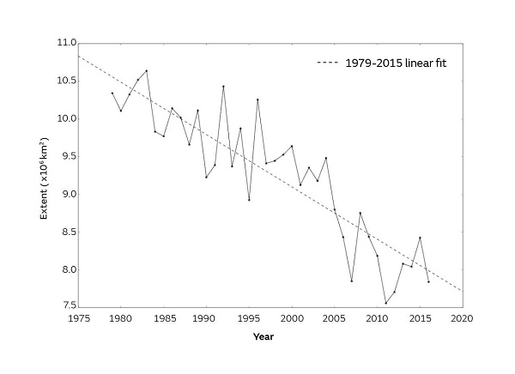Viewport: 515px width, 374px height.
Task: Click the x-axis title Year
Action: point(264,335)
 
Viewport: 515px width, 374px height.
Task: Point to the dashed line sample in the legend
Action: point(329,63)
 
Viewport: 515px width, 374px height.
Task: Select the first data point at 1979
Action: point(112,93)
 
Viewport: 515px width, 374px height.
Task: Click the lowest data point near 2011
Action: point(385,303)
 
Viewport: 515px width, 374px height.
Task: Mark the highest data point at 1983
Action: point(147,70)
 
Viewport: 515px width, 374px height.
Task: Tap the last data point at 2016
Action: point(428,281)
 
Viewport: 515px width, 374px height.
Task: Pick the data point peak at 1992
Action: point(223,86)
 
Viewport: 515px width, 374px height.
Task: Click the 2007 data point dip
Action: point(351,280)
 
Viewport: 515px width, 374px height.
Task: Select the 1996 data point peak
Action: point(257,100)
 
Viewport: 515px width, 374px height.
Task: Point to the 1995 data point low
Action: point(249,200)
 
